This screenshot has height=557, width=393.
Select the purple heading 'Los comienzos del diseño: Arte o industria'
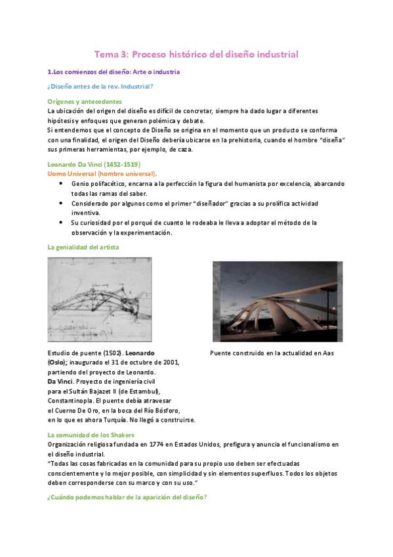116,72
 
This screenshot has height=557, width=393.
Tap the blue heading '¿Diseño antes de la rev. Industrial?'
100,87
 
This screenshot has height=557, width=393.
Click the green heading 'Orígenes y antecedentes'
85,102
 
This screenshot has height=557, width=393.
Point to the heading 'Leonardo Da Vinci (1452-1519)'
94,164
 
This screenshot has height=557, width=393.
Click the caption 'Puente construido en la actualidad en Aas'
272,353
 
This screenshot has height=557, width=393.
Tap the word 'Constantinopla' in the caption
70,401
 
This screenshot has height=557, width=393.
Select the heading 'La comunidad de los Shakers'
91,435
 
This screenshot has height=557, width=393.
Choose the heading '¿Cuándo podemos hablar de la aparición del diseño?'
127,497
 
